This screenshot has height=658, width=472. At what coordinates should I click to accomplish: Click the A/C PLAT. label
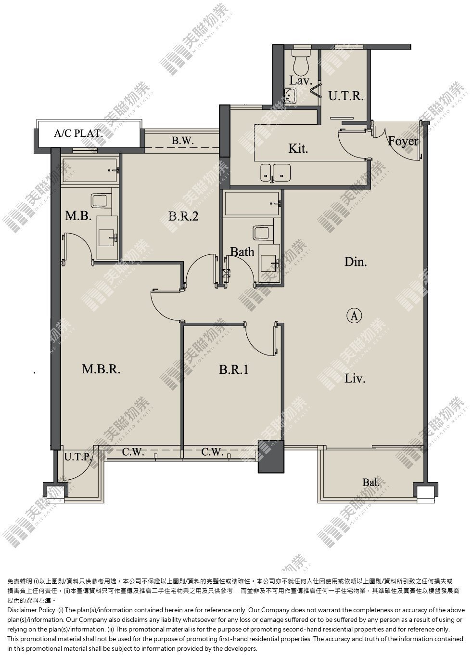click(x=78, y=133)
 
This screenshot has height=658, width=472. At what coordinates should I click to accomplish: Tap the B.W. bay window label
click(x=183, y=140)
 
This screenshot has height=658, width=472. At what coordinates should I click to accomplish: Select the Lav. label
click(x=300, y=80)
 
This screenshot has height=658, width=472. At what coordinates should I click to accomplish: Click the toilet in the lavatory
click(x=301, y=61)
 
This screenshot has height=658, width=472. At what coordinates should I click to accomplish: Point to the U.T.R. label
click(x=346, y=96)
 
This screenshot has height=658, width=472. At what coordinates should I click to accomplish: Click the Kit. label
click(x=298, y=148)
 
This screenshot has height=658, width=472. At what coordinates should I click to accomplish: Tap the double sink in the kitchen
click(x=276, y=172)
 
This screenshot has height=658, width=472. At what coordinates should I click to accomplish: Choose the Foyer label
click(x=403, y=141)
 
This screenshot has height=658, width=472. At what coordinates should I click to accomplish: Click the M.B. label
click(x=78, y=216)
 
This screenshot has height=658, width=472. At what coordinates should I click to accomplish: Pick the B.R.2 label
click(x=183, y=216)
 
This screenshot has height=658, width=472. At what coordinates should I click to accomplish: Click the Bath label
click(x=242, y=252)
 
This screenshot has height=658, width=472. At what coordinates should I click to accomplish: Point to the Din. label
click(x=356, y=262)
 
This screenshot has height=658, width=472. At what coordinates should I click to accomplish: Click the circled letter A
click(x=355, y=316)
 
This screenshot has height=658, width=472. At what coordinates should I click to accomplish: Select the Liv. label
click(x=355, y=378)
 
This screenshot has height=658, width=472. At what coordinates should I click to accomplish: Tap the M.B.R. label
click(x=101, y=369)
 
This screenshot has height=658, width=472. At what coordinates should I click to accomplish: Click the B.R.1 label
click(x=233, y=369)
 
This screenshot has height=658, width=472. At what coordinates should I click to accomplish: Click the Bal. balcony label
click(x=370, y=482)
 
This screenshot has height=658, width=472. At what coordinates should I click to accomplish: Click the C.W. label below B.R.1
click(x=212, y=451)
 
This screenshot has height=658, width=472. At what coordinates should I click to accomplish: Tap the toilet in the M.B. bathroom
click(x=101, y=201)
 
